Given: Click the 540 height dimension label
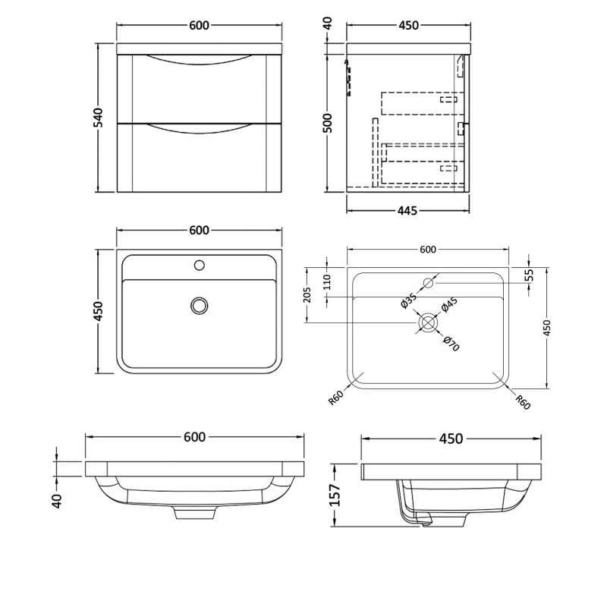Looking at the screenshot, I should point(98,118).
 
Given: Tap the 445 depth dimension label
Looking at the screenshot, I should point(407,211).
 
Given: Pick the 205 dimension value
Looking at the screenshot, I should point(307,294).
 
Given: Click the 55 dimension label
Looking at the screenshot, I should point(529,275).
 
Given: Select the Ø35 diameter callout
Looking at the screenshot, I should point(409,302).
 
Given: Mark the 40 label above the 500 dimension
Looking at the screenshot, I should point(328,23).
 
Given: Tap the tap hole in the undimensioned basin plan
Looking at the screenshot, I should point(200,266).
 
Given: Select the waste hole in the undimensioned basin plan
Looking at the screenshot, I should point(200,305).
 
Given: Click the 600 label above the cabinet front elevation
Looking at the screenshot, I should point(199,25).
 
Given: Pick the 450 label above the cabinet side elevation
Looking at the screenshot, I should point(407,25).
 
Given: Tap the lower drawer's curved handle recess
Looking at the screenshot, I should point(200,128).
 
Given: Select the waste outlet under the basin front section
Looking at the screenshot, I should point(195,514).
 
